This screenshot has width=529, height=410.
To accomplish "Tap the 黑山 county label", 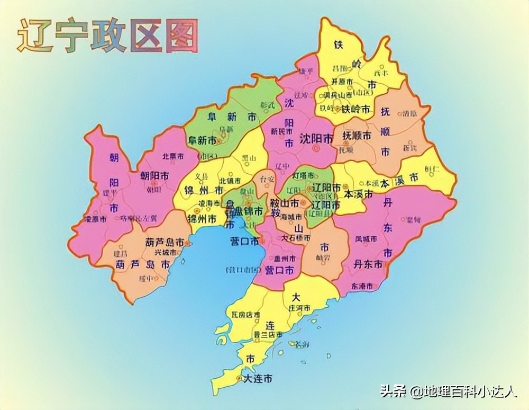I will click(234, 157).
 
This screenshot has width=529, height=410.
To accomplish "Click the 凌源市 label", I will click(95, 218).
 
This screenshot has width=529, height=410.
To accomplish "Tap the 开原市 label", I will click(342, 81).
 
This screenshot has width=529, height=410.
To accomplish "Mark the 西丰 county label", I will click(381, 73).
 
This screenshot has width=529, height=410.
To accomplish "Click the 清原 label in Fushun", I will click(409, 113).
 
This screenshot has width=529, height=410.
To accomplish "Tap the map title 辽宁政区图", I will click(108, 36).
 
